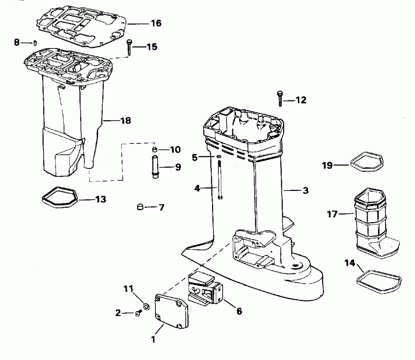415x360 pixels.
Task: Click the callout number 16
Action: pyautogui.click(x=156, y=23)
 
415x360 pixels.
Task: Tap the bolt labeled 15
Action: pyautogui.click(x=130, y=47)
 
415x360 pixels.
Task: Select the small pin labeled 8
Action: pyautogui.click(x=35, y=43)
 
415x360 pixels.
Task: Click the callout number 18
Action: pyautogui.click(x=126, y=121)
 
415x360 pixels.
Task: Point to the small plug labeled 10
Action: pyautogui.click(x=155, y=150)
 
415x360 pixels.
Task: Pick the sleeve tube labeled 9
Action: pyautogui.click(x=155, y=167)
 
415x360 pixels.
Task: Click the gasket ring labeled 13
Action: pyautogui.click(x=59, y=197)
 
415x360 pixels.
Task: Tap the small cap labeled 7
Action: pyautogui.click(x=140, y=207)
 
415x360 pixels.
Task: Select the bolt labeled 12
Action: pyautogui.click(x=280, y=98)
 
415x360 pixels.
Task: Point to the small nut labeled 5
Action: pyautogui.click(x=219, y=157)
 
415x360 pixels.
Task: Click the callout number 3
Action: pyautogui.click(x=306, y=190)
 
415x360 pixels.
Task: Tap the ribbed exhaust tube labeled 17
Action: pyautogui.click(x=376, y=223)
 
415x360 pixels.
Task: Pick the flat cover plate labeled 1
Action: pyautogui.click(x=171, y=311)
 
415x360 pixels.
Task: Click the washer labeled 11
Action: pyautogui.click(x=146, y=307)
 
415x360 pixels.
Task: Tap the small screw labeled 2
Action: pyautogui.click(x=138, y=313)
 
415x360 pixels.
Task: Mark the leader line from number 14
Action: pyautogui.click(x=360, y=268)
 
